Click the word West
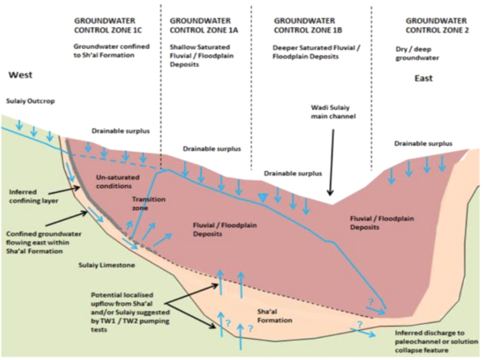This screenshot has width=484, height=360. pos(20,75)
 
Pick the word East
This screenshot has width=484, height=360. pos(424,78)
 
